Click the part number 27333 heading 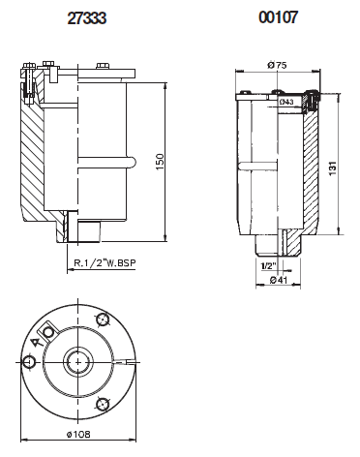(86, 18)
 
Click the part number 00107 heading (278, 17)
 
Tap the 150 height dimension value (160, 162)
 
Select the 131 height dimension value (333, 168)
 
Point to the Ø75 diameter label (277, 65)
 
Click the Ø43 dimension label (286, 102)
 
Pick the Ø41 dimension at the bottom (278, 280)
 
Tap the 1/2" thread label (269, 266)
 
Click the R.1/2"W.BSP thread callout (105, 262)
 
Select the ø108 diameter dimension (78, 434)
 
